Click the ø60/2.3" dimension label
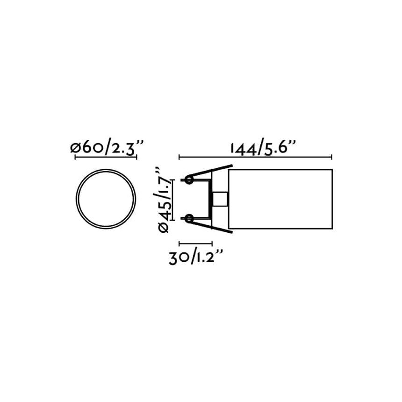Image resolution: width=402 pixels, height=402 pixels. point(106,148)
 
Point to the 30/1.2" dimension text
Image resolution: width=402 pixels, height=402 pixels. point(196,257)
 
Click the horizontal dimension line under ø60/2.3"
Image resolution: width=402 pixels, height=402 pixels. point(106,157)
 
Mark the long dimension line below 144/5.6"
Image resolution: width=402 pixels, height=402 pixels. point(255,157)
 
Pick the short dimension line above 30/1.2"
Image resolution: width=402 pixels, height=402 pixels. point(196,243)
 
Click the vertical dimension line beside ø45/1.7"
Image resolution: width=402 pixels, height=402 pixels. point(174,200)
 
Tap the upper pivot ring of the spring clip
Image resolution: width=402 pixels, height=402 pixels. point(189,180)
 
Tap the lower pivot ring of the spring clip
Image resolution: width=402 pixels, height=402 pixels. point(189,218)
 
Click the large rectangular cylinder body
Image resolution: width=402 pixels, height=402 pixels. point(280,199)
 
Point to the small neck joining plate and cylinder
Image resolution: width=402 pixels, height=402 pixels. point(220,199)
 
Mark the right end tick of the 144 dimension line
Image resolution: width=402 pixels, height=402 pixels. point(331,157)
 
